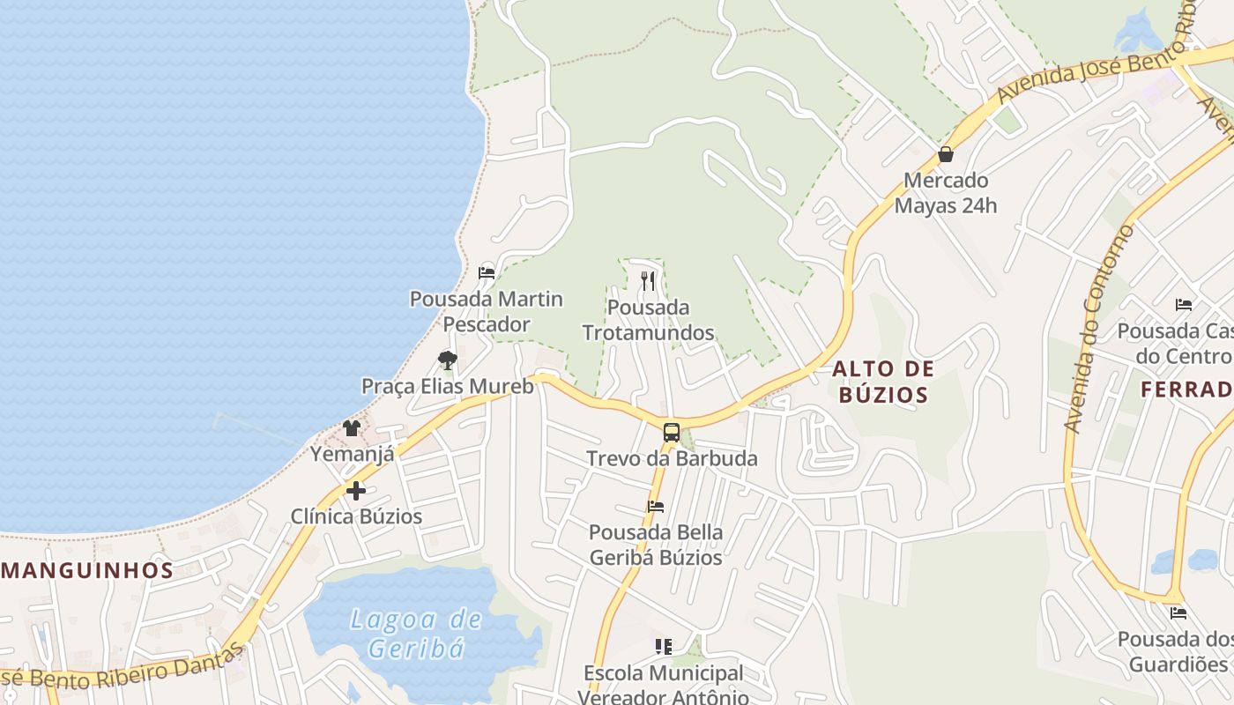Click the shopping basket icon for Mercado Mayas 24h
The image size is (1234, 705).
click(946, 155)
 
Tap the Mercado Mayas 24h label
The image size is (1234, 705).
click(946, 193)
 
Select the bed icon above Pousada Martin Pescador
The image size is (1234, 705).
click(486, 272)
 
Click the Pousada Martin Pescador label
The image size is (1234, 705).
click(487, 311)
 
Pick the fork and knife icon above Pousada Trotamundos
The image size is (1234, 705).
click(648, 281)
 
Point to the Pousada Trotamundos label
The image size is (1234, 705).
click(648, 320)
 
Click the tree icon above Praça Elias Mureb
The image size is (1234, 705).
click(448, 360)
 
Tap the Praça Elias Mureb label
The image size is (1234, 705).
click(448, 386)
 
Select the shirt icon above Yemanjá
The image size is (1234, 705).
click(352, 428)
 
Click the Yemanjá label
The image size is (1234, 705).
click(352, 454)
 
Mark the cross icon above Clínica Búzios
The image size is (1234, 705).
click(356, 491)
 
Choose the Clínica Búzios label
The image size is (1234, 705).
click(356, 516)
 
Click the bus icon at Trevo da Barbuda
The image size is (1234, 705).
click(672, 433)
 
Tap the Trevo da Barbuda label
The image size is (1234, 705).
click(672, 458)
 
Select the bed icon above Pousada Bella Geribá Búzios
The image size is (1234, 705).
click(655, 507)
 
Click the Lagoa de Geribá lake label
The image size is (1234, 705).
click(416, 634)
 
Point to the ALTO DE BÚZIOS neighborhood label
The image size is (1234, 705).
click(883, 381)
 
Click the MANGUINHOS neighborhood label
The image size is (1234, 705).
click(87, 569)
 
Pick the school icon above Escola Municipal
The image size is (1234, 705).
click(664, 647)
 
